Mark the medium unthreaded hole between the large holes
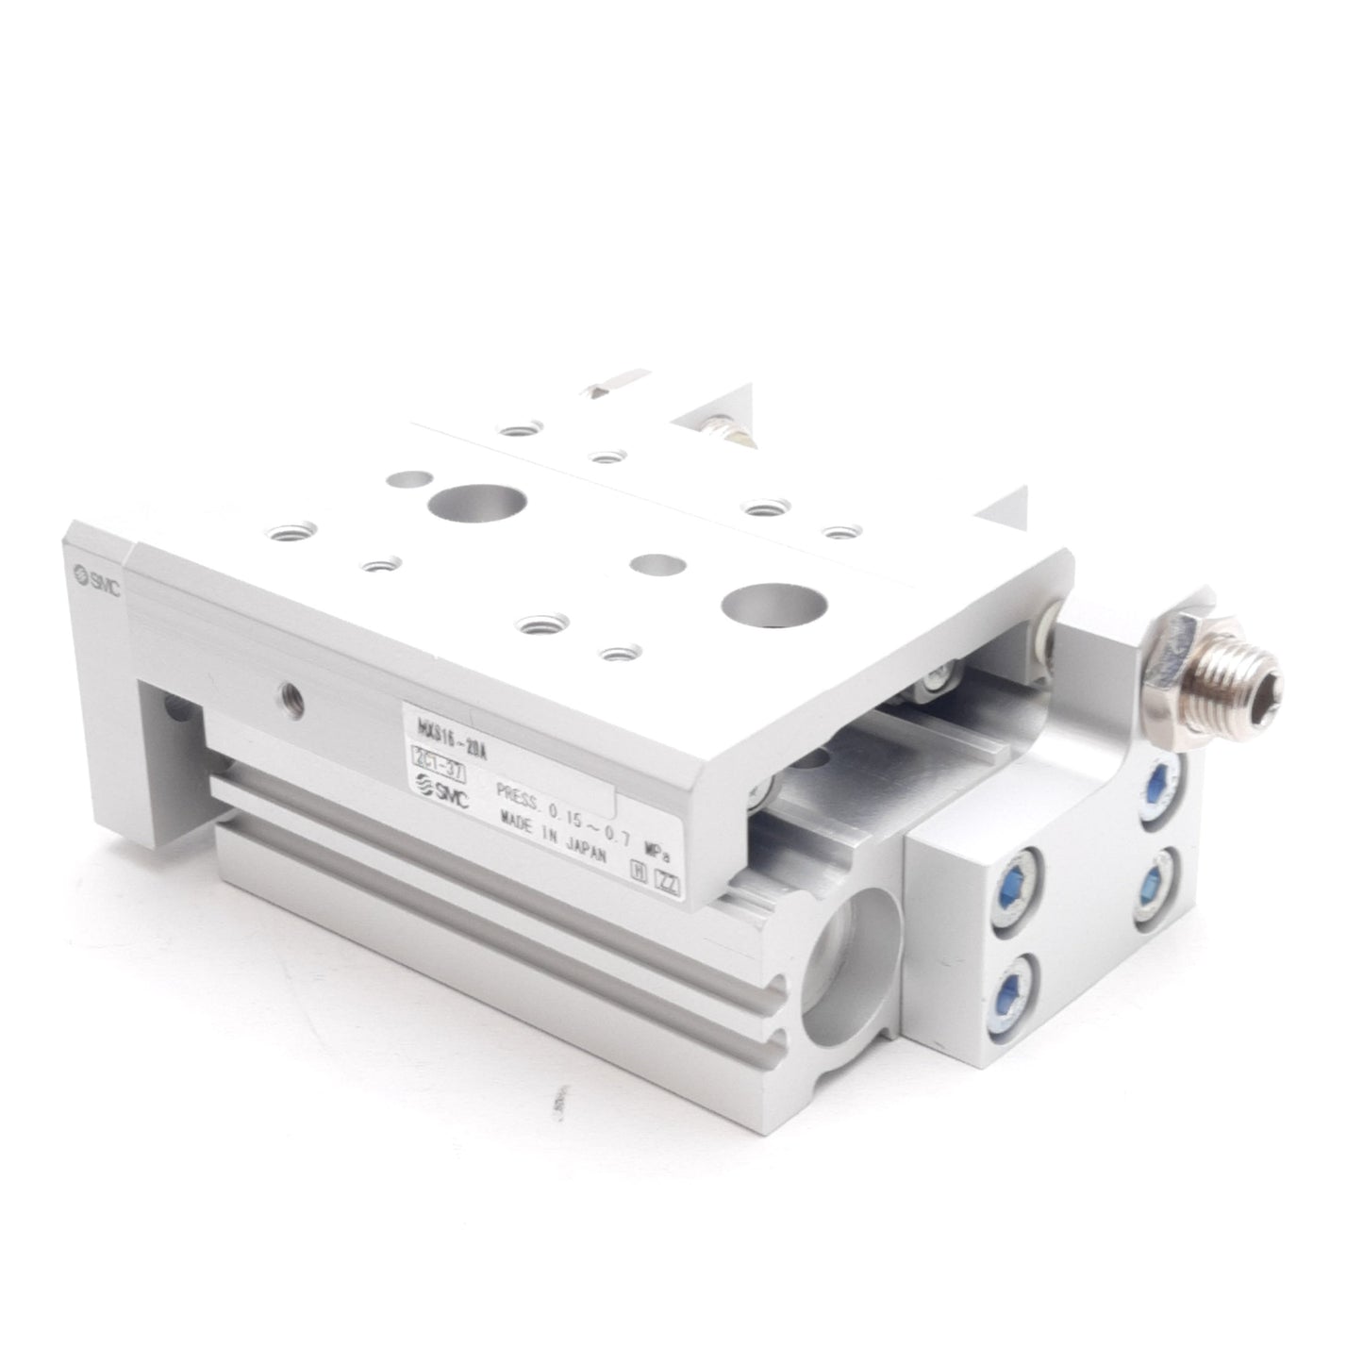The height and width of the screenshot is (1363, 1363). point(657,564)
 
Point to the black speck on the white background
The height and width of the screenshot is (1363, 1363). point(555,1100)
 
